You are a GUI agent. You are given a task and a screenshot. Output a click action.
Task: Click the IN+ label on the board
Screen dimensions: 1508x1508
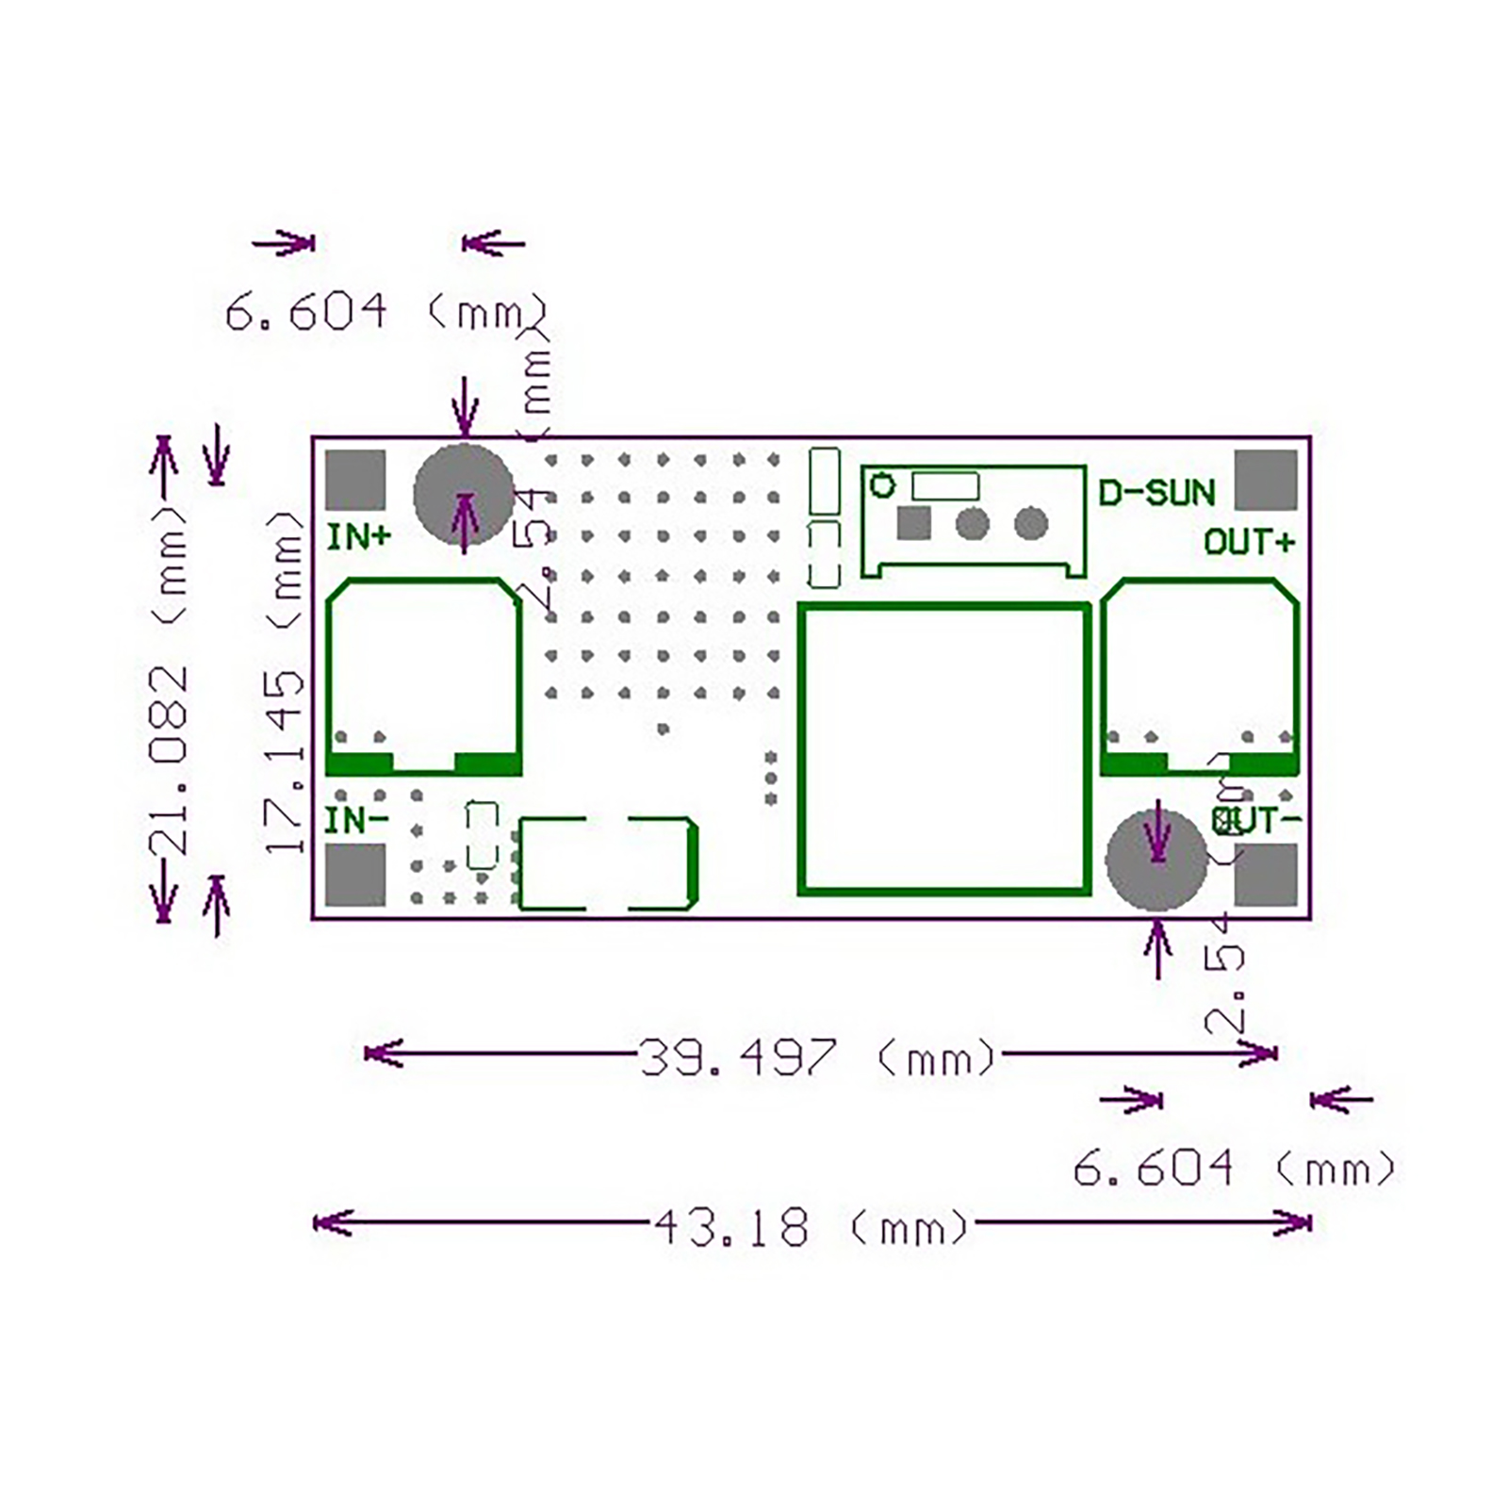[x=358, y=537]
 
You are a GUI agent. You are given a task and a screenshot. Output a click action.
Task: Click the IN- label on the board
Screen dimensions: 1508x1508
[x=355, y=820]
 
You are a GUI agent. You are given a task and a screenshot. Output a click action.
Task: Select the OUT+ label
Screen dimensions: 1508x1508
[x=1249, y=543]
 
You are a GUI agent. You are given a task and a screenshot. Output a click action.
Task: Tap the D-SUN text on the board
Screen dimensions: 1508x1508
[x=1156, y=492]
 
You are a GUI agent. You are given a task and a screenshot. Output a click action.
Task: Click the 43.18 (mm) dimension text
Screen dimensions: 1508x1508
[x=811, y=1228]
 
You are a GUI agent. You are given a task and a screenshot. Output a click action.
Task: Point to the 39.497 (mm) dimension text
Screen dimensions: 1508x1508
[x=816, y=1057]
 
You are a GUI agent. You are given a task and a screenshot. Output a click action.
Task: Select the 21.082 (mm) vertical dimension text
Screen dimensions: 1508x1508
[x=171, y=679]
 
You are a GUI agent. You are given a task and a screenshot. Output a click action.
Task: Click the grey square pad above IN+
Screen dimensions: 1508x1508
[x=355, y=480]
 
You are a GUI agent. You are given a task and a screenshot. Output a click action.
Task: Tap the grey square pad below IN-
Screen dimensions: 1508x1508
[x=355, y=875]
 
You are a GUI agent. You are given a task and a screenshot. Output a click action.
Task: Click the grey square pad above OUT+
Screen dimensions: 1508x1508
[x=1266, y=480]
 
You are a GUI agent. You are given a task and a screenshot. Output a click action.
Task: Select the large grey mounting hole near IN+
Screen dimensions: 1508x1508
[x=464, y=494]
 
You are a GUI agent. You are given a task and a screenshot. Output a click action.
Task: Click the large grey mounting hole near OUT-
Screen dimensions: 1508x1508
[x=1156, y=859]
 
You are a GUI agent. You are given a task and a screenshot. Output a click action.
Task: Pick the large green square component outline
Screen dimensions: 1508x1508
[x=944, y=749]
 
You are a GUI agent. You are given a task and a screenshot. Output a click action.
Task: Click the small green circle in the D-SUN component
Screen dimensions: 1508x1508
[x=883, y=485]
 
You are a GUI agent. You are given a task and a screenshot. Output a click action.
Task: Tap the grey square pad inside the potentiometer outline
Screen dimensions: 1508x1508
[x=913, y=523]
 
